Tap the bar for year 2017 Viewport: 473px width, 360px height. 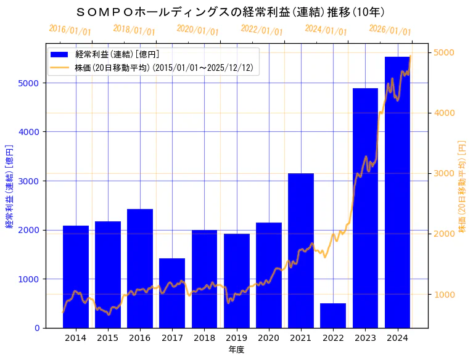(x=172, y=293)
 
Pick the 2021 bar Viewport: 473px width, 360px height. (x=301, y=250)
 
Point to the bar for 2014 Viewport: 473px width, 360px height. (x=76, y=277)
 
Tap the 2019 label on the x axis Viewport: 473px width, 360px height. (x=237, y=338)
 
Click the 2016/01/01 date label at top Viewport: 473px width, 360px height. (x=70, y=30)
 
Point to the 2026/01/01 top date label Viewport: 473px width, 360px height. (x=390, y=30)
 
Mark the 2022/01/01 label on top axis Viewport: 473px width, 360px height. (x=261, y=30)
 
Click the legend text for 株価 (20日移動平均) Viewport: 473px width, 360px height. (x=163, y=67)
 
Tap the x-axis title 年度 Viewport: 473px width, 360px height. (x=236, y=350)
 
